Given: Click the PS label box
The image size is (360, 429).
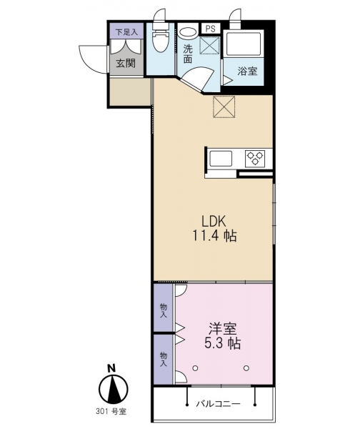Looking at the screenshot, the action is (x=211, y=29).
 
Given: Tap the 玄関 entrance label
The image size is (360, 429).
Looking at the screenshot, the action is (x=126, y=64).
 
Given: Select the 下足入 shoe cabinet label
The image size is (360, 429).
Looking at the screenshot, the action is (x=126, y=32).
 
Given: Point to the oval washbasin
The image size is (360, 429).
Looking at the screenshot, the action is (x=188, y=33).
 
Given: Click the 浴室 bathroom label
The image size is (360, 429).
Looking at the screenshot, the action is (x=247, y=71).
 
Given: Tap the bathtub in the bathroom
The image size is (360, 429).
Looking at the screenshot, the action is (x=244, y=44).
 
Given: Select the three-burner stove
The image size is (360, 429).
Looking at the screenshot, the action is (x=255, y=159).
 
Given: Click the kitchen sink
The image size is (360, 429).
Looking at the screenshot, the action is (x=221, y=159).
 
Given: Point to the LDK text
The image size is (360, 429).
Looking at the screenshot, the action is (x=214, y=222).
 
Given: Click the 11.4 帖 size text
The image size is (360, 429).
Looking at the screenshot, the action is (x=214, y=235).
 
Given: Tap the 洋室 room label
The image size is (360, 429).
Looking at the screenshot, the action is (x=223, y=329).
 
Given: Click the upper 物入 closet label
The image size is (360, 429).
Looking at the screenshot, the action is (x=164, y=311).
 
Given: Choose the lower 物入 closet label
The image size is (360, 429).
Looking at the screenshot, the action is (x=164, y=359).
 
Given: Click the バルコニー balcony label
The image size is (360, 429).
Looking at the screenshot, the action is (x=219, y=403).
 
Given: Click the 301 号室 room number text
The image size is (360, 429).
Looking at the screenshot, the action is (x=111, y=411).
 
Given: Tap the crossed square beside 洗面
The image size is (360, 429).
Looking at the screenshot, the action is (x=209, y=44).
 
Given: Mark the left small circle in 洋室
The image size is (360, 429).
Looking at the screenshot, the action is (x=195, y=368).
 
